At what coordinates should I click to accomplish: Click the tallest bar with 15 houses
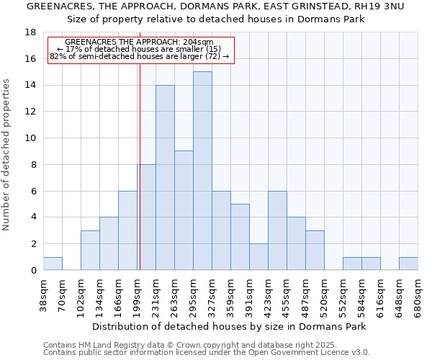tap(202, 171)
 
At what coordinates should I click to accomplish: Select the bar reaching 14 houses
tap(165, 177)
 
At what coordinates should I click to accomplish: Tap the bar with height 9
tap(184, 210)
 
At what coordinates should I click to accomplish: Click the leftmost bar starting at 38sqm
tap(53, 264)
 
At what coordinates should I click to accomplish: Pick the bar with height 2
tap(258, 256)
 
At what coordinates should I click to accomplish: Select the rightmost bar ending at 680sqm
tap(408, 264)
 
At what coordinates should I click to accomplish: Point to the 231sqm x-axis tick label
tap(156, 296)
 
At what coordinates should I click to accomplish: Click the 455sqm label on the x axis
tap(287, 296)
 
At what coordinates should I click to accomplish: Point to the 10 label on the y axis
tap(30, 138)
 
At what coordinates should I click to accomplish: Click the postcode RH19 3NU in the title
tap(379, 6)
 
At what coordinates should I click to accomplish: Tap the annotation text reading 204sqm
tap(197, 42)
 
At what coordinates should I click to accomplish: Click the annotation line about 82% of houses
tap(140, 56)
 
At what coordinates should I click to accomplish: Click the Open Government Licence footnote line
tap(207, 353)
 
